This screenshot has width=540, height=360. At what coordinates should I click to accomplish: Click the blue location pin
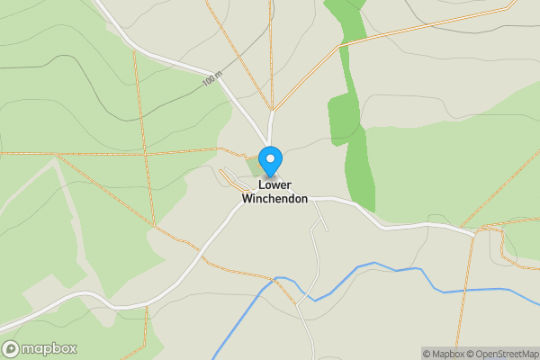[x=269, y=162]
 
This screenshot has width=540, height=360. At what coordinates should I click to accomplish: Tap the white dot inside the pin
[x=269, y=157]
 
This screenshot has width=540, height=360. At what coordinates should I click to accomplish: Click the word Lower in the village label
[x=274, y=185]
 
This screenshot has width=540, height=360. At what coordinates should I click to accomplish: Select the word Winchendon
[x=274, y=199]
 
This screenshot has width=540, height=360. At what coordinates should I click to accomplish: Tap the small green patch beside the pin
[x=256, y=166]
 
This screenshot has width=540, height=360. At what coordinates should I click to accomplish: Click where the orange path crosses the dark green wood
[x=343, y=42]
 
